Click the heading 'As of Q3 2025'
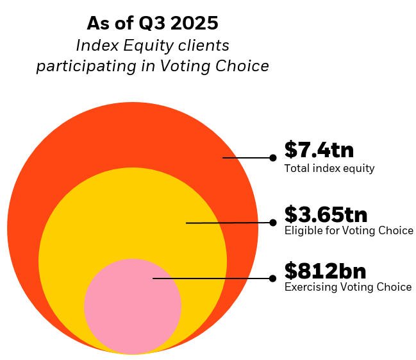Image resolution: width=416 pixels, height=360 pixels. (x=153, y=24)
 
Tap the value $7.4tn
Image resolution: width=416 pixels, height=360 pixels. (x=319, y=150)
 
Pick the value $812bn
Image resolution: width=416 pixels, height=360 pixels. (x=325, y=270)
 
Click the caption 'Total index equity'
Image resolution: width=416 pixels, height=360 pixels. (x=329, y=169)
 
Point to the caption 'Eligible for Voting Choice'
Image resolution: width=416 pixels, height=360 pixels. (x=349, y=230)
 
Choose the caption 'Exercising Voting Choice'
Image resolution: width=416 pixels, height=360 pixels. (x=347, y=287)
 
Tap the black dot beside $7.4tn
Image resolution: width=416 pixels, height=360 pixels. (x=273, y=157)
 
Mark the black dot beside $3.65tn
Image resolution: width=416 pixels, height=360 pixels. (x=273, y=223)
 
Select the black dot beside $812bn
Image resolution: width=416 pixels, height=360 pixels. (x=273, y=279)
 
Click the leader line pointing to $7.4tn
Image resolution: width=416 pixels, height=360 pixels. (x=247, y=157)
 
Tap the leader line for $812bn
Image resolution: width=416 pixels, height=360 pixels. (x=212, y=279)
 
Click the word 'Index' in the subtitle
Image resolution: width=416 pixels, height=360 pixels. (x=94, y=46)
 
